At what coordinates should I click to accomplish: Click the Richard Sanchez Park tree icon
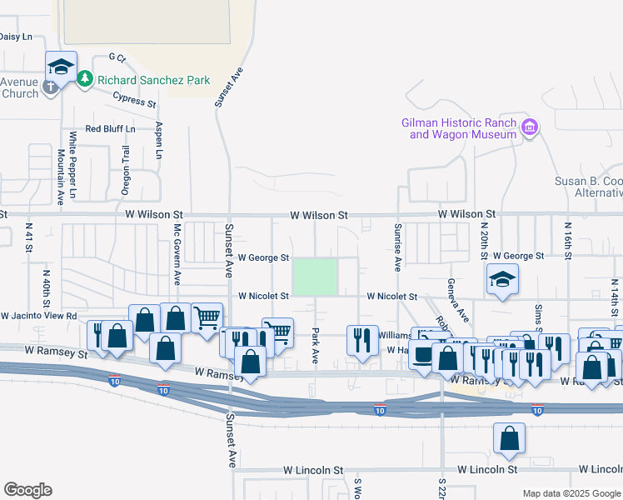(x=84, y=80)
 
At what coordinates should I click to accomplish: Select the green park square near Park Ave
(x=315, y=277)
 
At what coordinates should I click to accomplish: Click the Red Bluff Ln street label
(x=109, y=128)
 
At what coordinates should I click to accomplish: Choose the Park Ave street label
(x=316, y=343)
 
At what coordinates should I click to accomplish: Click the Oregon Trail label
(x=127, y=170)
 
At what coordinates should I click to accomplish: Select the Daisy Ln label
(x=15, y=37)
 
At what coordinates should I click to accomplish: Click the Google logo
(x=27, y=490)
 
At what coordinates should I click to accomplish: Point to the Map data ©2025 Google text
(x=571, y=493)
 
